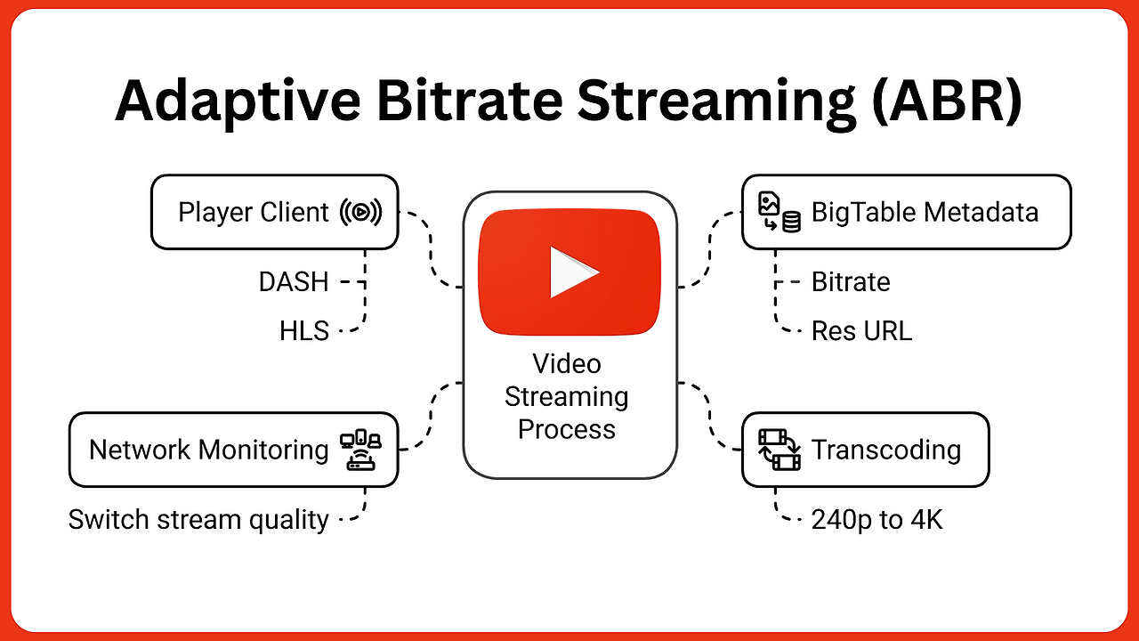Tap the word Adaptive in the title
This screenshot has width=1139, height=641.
pos(238,101)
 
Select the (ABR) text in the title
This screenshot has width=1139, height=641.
pos(946,101)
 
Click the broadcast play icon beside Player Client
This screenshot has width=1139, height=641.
pos(360,212)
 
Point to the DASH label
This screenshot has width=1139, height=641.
pos(294,282)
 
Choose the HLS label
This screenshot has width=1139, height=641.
pos(304,330)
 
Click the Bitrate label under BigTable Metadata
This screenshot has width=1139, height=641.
pos(851,282)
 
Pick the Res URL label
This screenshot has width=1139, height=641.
pos(862,330)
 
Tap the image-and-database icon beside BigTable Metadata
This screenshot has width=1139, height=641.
pos(779,212)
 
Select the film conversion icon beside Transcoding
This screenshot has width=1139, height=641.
pos(779,450)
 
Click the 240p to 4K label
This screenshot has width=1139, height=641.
pos(877,520)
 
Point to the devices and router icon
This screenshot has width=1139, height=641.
pos(360,450)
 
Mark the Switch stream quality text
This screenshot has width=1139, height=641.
pos(198,520)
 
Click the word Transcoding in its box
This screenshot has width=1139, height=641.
pos(886,450)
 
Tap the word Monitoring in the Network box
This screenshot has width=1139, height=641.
pos(263,450)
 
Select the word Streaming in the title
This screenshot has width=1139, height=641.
pos(716,101)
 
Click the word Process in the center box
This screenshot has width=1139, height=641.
pos(567,429)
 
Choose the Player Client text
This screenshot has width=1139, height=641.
pos(254,212)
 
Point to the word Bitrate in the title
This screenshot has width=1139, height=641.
pos(469,101)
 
